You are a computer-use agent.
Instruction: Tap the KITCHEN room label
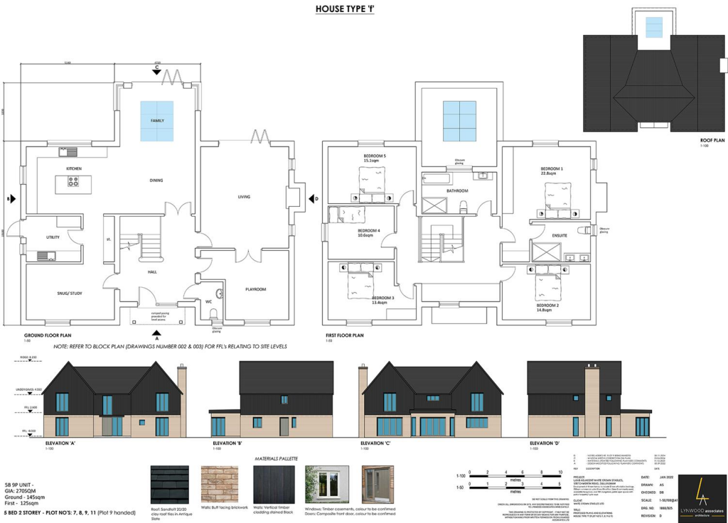(x=74, y=168)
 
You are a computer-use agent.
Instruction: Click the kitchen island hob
(x=73, y=183)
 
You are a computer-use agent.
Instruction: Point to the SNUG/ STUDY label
(x=69, y=292)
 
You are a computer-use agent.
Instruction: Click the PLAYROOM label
(x=255, y=289)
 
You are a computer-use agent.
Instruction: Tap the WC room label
(x=209, y=302)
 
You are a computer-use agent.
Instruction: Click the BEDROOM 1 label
(x=552, y=169)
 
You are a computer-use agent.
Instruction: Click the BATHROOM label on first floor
(x=457, y=190)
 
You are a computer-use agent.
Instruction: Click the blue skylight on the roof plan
(x=653, y=27)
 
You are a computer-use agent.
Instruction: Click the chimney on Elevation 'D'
(x=591, y=398)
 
